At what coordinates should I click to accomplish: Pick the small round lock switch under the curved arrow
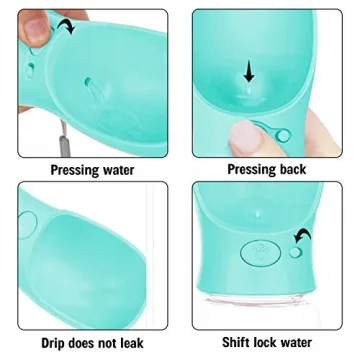(295, 254)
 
